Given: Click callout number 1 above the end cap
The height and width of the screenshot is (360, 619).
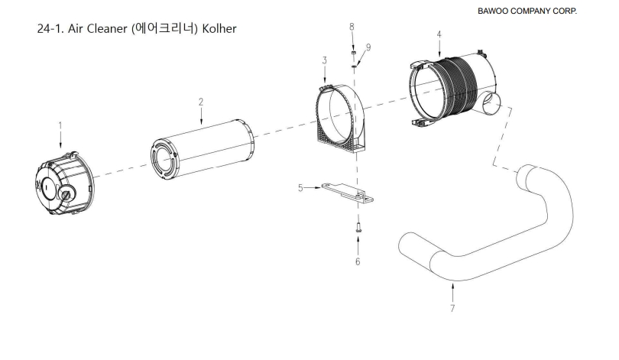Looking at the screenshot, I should click(60, 124).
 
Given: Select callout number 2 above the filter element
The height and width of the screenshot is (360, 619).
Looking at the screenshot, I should click(200, 102).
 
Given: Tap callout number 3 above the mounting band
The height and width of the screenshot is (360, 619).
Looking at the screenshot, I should click(324, 60).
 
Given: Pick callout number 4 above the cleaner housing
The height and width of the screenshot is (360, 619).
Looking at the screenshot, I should click(439, 34).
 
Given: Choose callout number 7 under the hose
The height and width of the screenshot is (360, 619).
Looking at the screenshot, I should click(452, 308).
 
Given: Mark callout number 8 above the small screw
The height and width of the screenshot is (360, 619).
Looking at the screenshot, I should click(352, 27).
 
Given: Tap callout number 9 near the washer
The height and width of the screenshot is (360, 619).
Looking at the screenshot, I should click(368, 47).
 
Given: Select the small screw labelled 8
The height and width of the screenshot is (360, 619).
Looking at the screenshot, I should click(354, 54).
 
